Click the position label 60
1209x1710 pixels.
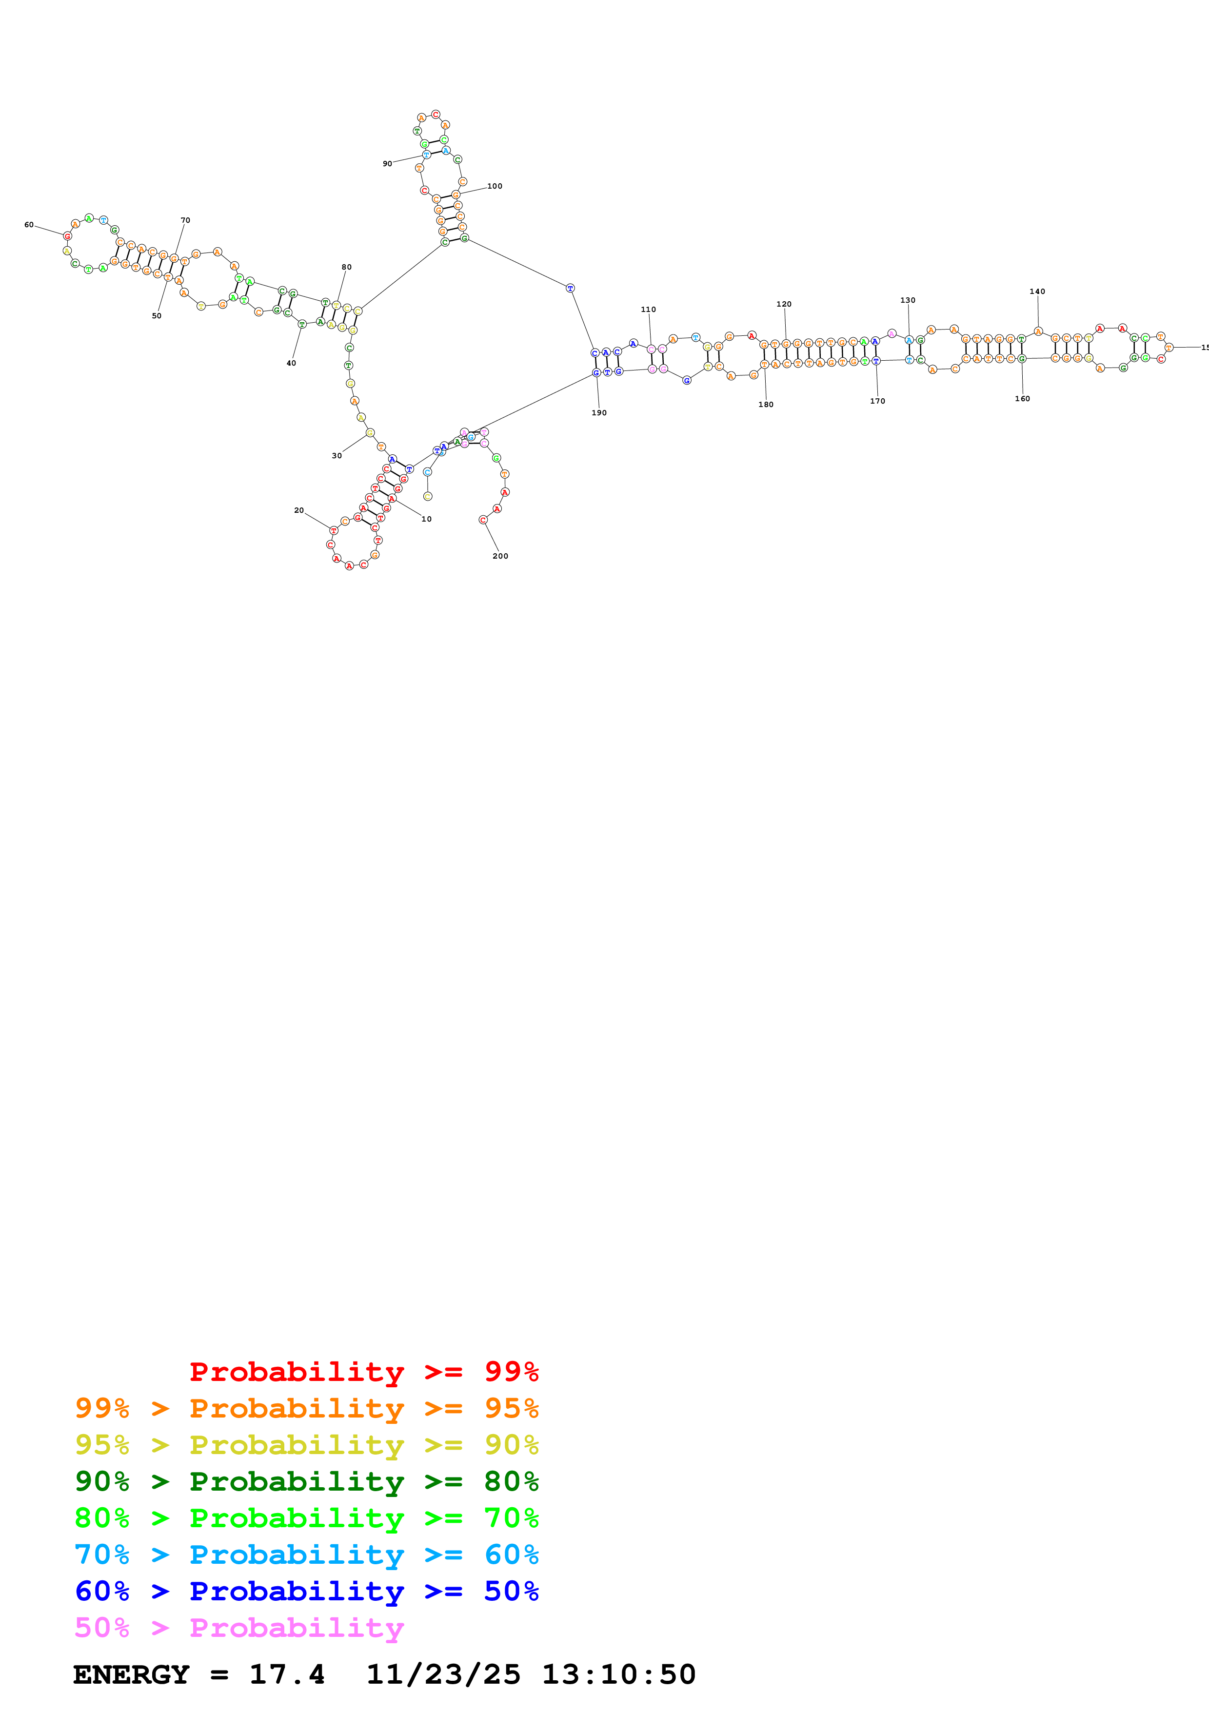pos(29,225)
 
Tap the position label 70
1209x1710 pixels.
pos(185,220)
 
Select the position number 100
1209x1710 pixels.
pos(495,186)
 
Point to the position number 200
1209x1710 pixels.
pos(500,556)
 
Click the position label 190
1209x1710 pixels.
pos(599,412)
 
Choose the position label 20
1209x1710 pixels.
pos(298,511)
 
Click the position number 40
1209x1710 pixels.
pos(291,364)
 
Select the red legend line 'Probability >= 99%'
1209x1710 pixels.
pos(363,1372)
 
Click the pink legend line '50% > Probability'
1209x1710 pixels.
pos(239,1628)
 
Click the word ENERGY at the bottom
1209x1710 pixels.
pos(131,1675)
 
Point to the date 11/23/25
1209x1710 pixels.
pos(443,1675)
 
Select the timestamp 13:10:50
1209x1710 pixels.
pos(618,1675)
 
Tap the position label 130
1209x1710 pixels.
pos(907,301)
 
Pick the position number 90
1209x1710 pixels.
pos(387,164)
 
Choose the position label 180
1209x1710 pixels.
pos(766,405)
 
